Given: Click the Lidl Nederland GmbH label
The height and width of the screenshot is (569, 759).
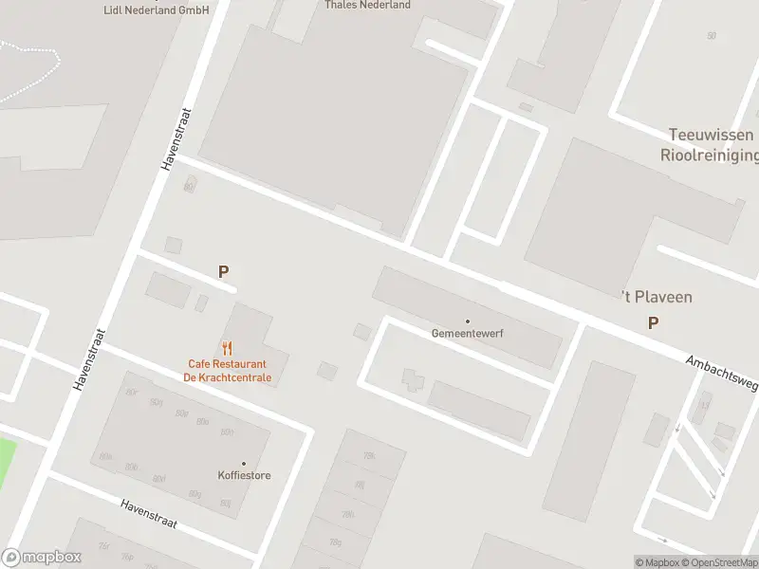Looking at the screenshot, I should click(157, 9).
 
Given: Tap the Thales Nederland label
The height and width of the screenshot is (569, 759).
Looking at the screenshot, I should click(367, 5).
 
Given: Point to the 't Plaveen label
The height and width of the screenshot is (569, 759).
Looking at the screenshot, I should click(657, 297).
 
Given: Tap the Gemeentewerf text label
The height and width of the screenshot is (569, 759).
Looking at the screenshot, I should click(466, 334).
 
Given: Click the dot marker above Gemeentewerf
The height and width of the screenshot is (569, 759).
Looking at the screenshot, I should click(467, 321).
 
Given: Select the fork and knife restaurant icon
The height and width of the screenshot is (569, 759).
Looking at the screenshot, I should click(227, 348).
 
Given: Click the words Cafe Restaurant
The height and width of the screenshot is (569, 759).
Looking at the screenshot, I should click(227, 364).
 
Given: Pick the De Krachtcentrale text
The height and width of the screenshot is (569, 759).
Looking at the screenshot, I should click(227, 377).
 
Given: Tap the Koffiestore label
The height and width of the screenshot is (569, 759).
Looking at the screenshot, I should click(244, 475).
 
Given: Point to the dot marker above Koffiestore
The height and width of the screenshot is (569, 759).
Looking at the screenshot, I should click(244, 464).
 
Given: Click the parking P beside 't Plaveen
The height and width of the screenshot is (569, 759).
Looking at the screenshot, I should click(653, 323).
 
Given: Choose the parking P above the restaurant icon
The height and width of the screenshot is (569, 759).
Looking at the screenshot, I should click(224, 272).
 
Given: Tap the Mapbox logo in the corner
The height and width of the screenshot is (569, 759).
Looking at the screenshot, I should click(42, 558).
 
